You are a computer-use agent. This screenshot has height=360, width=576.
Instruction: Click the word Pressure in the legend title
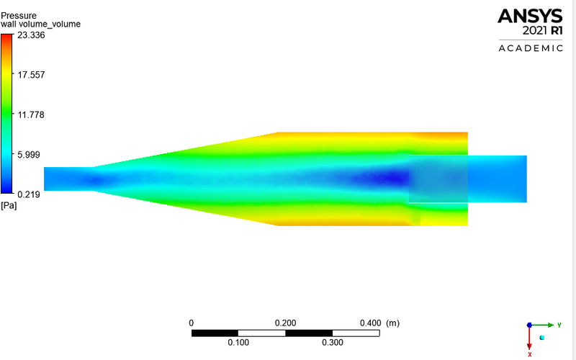[x=18, y=14]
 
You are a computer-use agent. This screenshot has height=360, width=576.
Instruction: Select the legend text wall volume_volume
[x=40, y=24]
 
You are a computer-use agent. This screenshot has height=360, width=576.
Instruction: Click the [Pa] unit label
[x=9, y=206]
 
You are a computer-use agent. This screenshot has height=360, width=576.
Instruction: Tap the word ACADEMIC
[x=531, y=48]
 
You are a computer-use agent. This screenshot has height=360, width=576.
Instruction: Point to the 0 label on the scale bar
[x=191, y=323]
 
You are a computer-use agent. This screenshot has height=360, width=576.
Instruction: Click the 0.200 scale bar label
[x=286, y=323]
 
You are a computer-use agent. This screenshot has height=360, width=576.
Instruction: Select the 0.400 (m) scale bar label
[x=379, y=323]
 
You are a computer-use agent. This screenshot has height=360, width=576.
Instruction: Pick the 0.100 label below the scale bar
[x=238, y=343]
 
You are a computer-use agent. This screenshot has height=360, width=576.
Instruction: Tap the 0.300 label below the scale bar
[x=332, y=343]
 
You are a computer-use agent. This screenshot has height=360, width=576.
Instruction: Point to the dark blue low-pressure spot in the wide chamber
[x=389, y=176]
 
